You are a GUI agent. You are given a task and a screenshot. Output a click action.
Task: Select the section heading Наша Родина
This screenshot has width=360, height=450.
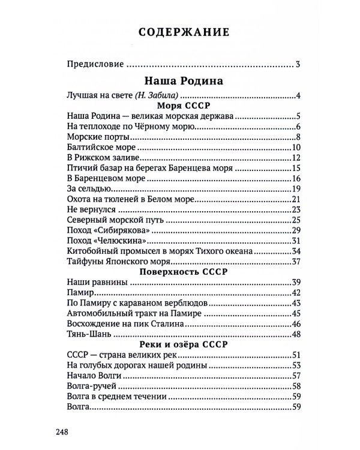click(180, 80)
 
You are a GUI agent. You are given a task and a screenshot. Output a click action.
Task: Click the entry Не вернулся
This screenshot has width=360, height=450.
click(89, 209)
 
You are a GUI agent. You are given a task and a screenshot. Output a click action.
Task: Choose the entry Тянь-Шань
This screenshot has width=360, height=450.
click(87, 334)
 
